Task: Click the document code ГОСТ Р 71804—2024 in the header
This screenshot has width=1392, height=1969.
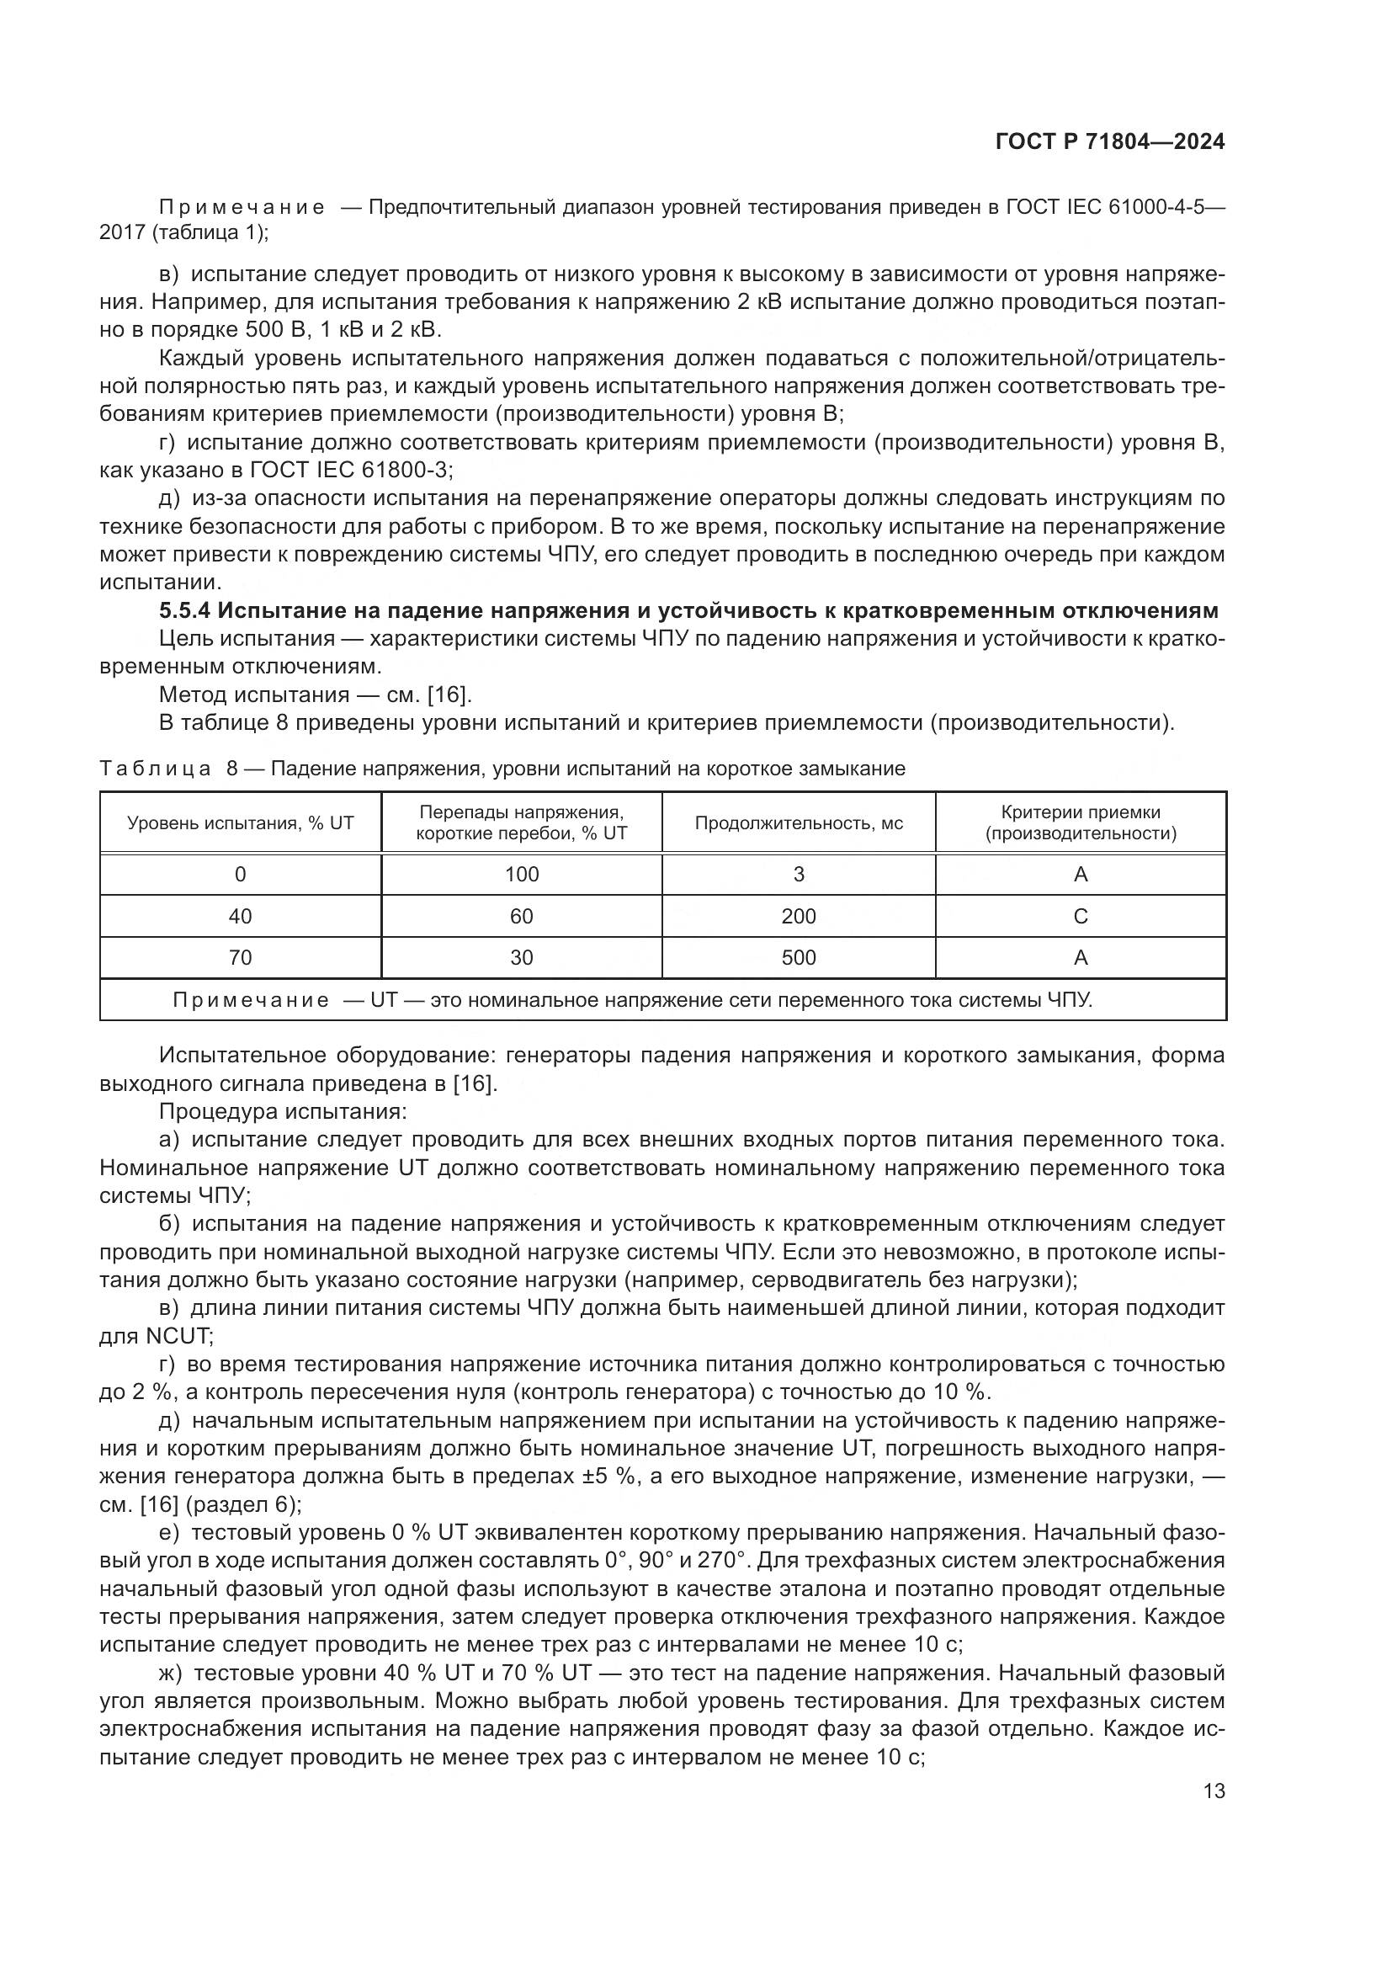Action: tap(1109, 142)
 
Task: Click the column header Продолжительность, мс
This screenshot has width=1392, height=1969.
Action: tap(798, 823)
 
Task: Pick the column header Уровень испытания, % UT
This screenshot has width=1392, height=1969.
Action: tap(240, 823)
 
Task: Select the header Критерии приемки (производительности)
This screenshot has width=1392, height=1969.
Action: tap(1080, 823)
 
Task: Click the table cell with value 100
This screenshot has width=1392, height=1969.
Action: tap(521, 875)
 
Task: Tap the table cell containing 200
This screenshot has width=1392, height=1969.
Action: tap(798, 917)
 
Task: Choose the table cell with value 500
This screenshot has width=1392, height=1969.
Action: tap(798, 958)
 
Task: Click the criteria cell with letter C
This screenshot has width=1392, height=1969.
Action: tap(1080, 917)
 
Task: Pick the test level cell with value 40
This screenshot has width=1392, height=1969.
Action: tap(240, 917)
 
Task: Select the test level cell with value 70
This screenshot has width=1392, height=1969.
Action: tap(240, 958)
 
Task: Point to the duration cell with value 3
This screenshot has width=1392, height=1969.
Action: tap(798, 875)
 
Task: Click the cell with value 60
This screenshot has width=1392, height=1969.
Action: tap(521, 917)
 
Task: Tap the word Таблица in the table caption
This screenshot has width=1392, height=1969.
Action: tap(155, 769)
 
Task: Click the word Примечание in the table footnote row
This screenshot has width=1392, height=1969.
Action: tap(250, 1000)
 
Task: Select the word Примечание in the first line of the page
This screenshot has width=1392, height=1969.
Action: tap(242, 208)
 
